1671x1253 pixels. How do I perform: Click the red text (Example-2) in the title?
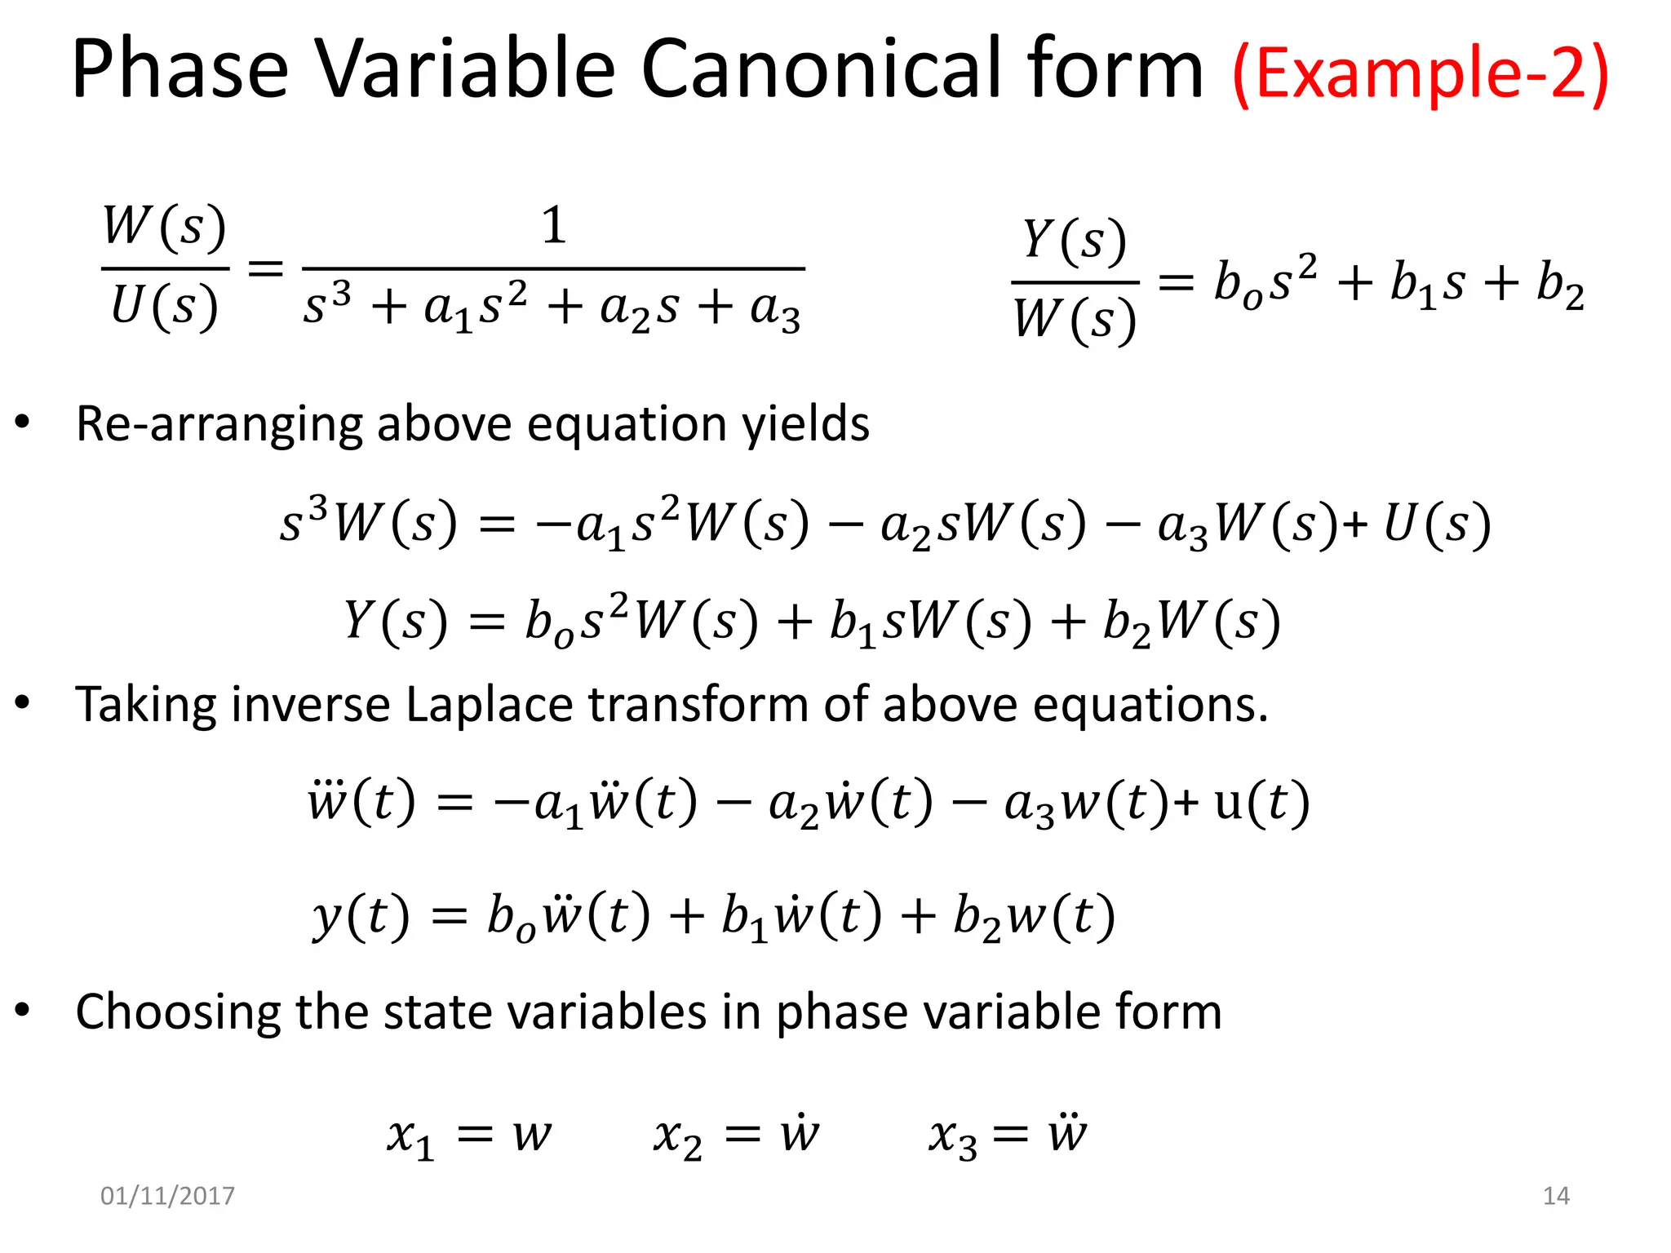pyautogui.click(x=1421, y=73)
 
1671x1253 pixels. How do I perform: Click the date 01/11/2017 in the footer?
pyautogui.click(x=167, y=1196)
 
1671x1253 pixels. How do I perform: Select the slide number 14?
pyautogui.click(x=1556, y=1196)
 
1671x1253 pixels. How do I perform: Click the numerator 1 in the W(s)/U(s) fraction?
pyautogui.click(x=554, y=225)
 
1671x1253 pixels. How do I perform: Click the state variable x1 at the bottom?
pyautogui.click(x=410, y=1136)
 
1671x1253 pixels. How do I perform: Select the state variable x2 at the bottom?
pyautogui.click(x=677, y=1136)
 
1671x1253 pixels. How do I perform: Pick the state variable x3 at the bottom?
pyautogui.click(x=952, y=1136)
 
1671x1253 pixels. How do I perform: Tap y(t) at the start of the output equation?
pyautogui.click(x=361, y=916)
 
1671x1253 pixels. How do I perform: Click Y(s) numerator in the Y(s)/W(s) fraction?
pyautogui.click(x=1075, y=241)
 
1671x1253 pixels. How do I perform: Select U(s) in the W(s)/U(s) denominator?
pyautogui.click(x=165, y=308)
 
